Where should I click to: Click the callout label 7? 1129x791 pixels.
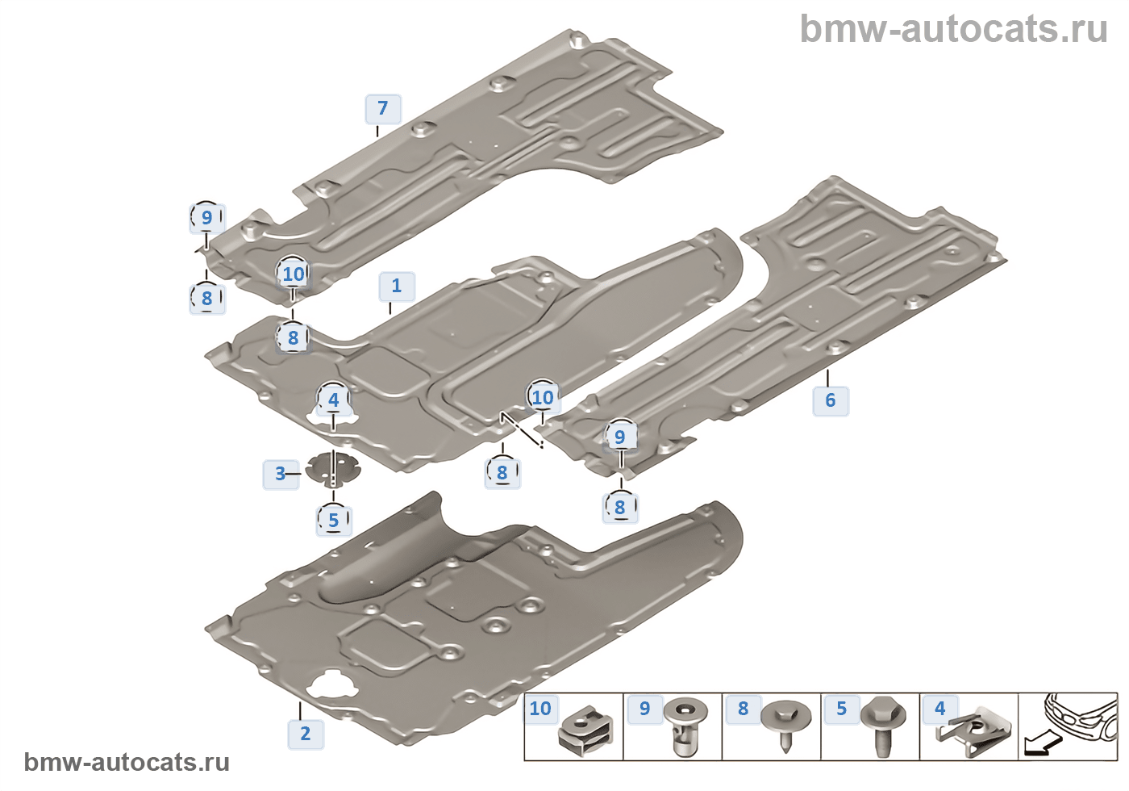point(383,108)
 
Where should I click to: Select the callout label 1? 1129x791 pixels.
point(396,286)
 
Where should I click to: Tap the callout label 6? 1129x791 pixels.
point(830,400)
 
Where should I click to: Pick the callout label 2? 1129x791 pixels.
point(305,734)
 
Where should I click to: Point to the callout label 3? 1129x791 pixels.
point(280,474)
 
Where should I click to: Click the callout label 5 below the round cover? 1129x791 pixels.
point(333,521)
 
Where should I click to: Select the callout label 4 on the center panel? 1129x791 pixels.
point(333,400)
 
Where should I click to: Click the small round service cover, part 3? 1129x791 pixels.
point(333,469)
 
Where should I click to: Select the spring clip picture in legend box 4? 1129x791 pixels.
point(977,730)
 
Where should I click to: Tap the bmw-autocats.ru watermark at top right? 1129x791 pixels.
point(953,30)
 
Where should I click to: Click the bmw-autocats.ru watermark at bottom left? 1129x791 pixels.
point(127,762)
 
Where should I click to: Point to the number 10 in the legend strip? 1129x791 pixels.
point(540,709)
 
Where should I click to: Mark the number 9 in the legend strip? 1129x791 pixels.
point(644,709)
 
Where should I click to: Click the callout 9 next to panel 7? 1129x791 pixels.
point(206,217)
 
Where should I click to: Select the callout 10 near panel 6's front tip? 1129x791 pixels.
point(543,397)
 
